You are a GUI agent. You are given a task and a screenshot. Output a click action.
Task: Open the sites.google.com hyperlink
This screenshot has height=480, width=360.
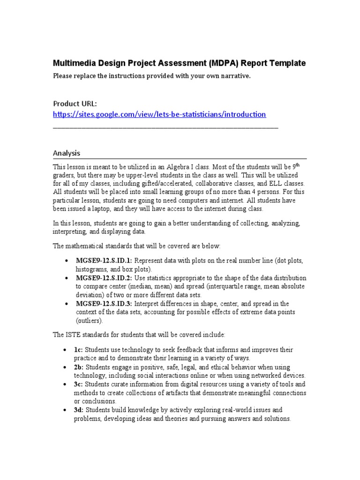(159, 114)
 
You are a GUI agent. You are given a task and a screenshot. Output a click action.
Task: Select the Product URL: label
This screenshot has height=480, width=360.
(75, 103)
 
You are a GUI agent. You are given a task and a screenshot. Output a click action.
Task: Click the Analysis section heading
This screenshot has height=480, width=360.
(67, 153)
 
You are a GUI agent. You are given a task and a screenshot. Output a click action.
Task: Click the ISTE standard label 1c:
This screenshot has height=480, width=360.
(78, 350)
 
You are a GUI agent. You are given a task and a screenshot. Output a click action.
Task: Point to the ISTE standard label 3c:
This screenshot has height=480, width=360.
(79, 384)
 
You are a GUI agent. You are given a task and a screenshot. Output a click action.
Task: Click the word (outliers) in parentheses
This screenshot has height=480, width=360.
(89, 321)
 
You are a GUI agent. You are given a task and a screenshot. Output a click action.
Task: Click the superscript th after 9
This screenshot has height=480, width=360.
(295, 165)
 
